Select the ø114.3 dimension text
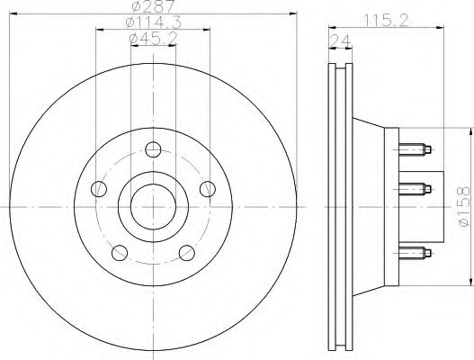click(x=152, y=23)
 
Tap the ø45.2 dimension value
click(x=152, y=39)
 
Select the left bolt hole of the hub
click(x=100, y=189)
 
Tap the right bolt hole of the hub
click(x=207, y=188)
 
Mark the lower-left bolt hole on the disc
click(x=120, y=252)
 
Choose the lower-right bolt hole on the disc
click(x=186, y=252)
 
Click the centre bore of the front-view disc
click(x=153, y=206)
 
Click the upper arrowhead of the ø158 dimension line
click(x=467, y=131)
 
